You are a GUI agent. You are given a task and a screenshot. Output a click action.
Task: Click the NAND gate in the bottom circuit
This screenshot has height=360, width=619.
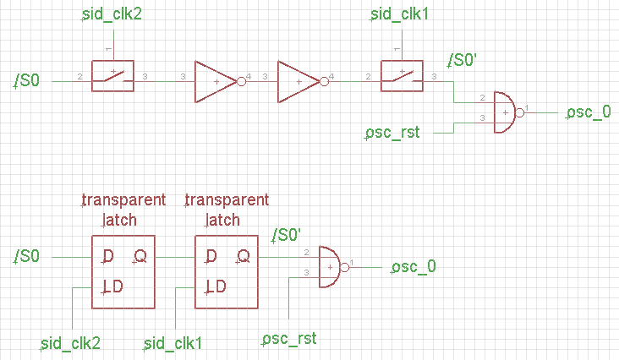(x=330, y=267)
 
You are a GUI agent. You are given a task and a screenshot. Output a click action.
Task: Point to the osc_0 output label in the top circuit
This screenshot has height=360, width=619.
(x=589, y=112)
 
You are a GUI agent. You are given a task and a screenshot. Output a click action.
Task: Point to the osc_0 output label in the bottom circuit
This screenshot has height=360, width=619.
(x=414, y=268)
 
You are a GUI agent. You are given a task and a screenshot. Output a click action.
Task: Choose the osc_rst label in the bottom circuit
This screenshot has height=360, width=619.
(x=289, y=339)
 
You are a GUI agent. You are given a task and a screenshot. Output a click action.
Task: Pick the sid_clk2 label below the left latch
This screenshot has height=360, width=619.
(x=72, y=343)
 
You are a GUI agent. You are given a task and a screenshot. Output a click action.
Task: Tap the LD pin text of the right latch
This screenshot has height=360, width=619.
(x=216, y=286)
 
